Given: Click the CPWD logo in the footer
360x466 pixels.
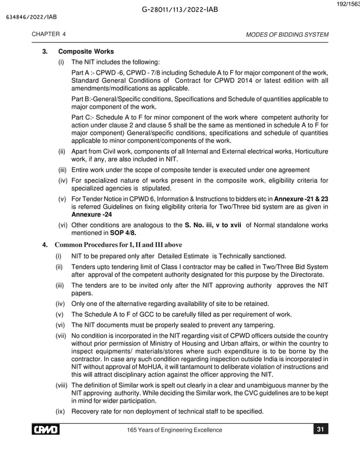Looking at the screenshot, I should pyautogui.click(x=47, y=430).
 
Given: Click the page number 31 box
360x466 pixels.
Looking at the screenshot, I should pyautogui.click(x=320, y=430).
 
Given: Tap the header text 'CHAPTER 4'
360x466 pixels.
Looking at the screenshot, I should pyautogui.click(x=49, y=34).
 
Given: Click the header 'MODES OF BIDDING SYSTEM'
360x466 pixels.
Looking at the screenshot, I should pyautogui.click(x=287, y=34).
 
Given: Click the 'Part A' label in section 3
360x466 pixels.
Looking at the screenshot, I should pyautogui.click(x=82, y=73).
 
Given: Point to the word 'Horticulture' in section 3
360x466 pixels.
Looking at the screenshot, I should pyautogui.click(x=309, y=152).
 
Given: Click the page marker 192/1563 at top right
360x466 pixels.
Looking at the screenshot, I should pyautogui.click(x=347, y=4).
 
